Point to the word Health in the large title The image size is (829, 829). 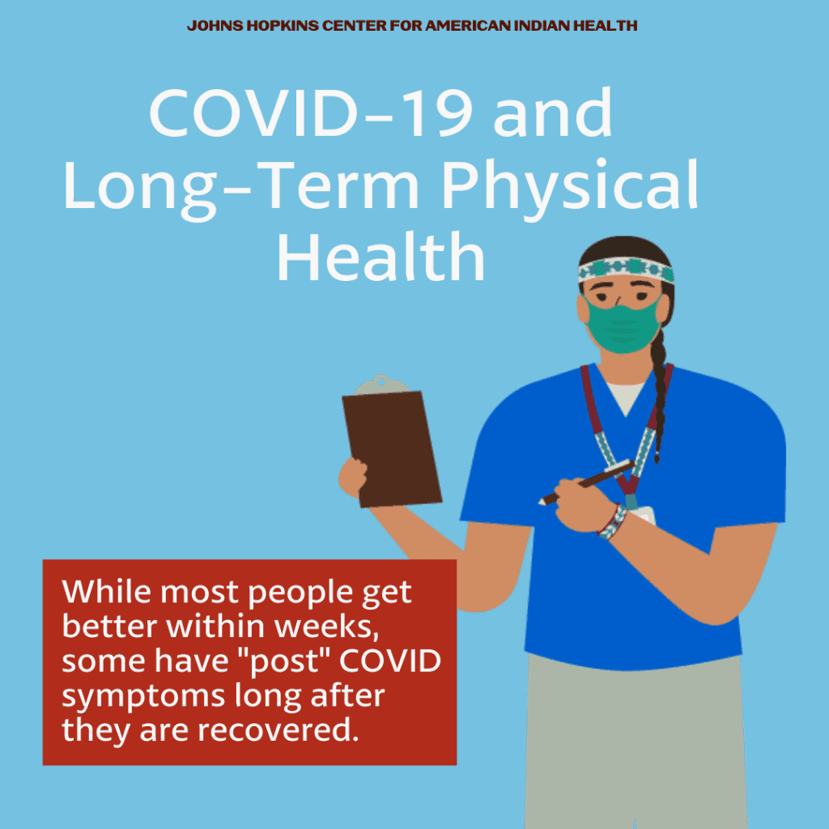point(381,257)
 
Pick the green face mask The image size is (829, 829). point(623,325)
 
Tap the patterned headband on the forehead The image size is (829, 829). point(626,270)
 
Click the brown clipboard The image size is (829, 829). point(392,449)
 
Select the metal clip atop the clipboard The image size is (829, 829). point(382,385)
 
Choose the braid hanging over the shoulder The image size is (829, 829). point(660,395)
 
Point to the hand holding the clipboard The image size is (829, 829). point(354,478)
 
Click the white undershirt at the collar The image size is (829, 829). point(626,397)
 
